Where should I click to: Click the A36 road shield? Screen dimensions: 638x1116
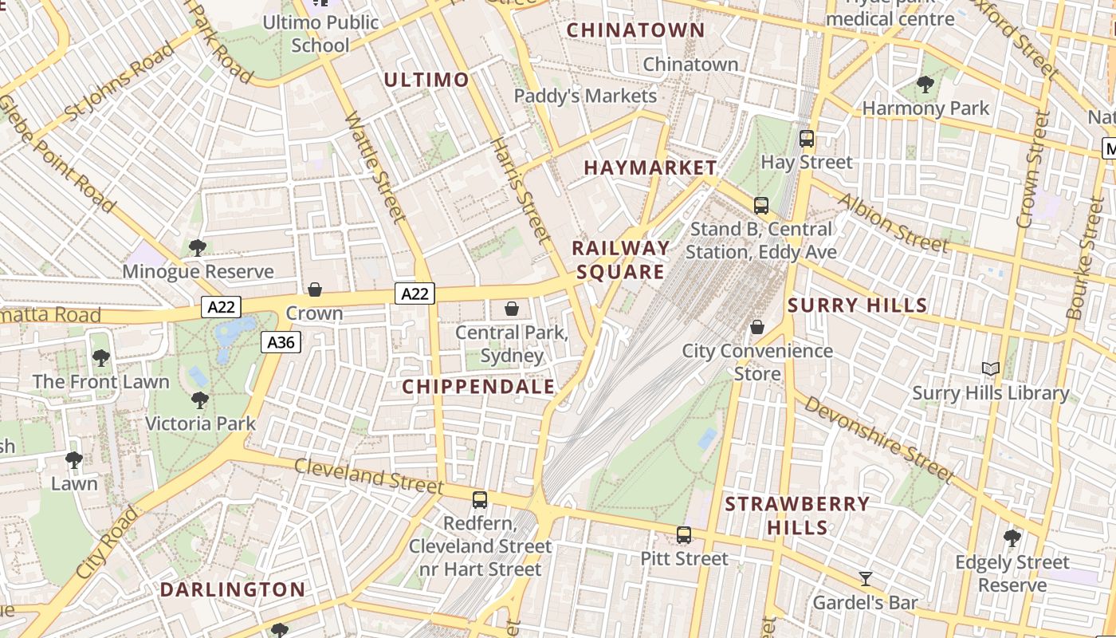[x=281, y=343]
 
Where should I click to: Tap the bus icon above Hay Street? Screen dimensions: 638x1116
[x=807, y=139]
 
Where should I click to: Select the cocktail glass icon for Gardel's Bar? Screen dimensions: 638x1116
[x=865, y=578]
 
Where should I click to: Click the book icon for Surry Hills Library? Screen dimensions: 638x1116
[x=991, y=369]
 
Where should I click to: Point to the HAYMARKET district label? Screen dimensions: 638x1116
[x=650, y=167]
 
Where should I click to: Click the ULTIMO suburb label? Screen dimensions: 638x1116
[x=426, y=80]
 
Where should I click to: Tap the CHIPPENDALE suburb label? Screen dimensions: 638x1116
[x=478, y=387]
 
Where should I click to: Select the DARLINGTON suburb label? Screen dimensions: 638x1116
[x=233, y=590]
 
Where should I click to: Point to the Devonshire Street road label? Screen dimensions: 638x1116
[x=878, y=439]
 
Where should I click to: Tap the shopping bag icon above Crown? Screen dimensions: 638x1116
[x=315, y=289]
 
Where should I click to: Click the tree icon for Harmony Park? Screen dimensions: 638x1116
[x=925, y=84]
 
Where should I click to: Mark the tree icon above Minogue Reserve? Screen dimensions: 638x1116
[x=198, y=248]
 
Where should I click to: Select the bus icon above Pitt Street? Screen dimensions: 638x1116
[x=684, y=535]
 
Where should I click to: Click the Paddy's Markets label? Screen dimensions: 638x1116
[x=585, y=96]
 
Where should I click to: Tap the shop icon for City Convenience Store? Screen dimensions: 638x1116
[x=757, y=327]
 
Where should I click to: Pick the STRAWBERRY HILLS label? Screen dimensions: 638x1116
[x=797, y=515]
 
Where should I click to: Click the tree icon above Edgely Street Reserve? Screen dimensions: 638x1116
[x=1012, y=538]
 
